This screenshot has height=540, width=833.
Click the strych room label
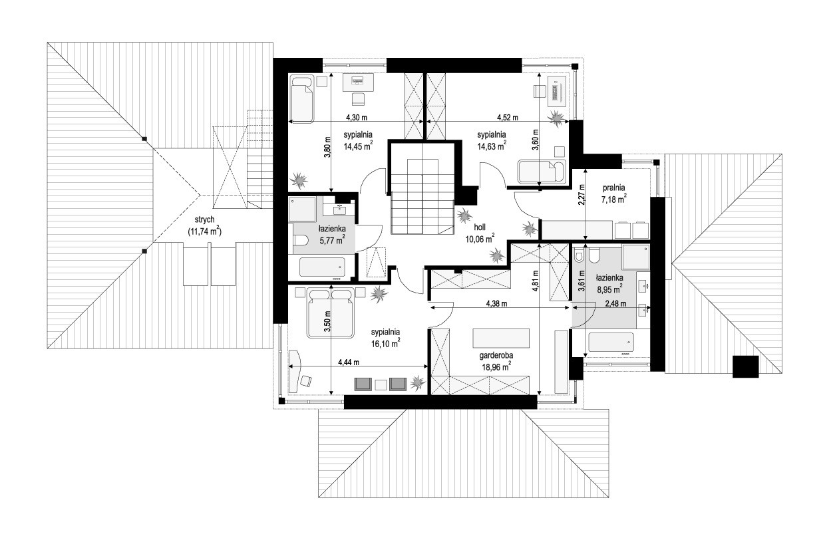click(204, 220)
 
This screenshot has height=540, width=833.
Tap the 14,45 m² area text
click(358, 146)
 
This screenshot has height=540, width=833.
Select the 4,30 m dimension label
click(357, 118)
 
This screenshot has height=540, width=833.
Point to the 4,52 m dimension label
click(507, 118)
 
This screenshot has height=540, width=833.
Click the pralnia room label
click(613, 188)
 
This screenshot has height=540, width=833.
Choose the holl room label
click(480, 227)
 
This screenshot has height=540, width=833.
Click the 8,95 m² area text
click(610, 289)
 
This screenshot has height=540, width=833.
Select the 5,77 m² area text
click(332, 239)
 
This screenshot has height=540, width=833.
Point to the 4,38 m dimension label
click(496, 304)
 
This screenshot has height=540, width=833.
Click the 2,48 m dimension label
click(615, 304)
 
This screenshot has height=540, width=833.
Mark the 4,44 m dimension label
click(349, 362)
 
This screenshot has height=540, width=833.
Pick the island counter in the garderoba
click(501, 338)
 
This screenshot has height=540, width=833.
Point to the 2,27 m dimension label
click(582, 195)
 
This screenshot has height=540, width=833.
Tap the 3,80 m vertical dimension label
click(327, 147)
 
